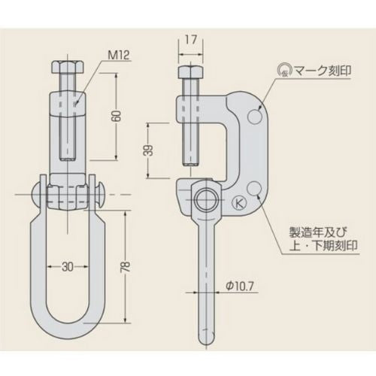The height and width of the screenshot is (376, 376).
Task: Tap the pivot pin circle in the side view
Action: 205,199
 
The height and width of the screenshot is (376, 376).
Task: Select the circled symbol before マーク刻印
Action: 284,68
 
